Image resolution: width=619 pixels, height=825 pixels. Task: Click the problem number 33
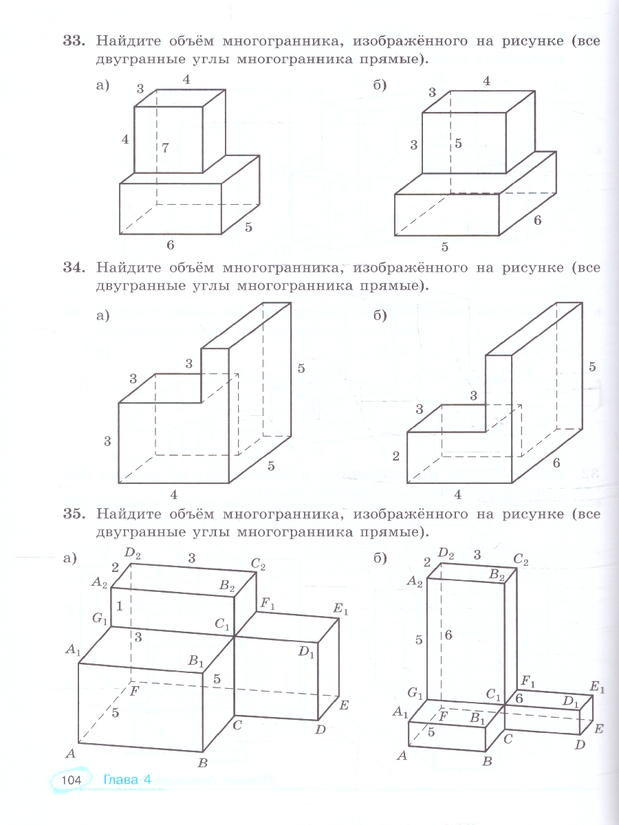pos(73,41)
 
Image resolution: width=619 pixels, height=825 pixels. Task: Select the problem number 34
pos(73,266)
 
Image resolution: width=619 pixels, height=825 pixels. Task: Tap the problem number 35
pos(73,513)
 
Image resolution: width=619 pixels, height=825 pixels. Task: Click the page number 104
pos(72,780)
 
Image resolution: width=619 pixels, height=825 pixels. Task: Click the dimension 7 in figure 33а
pos(165,147)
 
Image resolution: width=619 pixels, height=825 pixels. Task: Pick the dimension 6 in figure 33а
pos(170,245)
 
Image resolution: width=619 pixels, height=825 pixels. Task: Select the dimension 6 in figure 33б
pos(537,220)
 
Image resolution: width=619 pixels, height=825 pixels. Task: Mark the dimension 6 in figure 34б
pos(556,463)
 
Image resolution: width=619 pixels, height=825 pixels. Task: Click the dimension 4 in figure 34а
pos(174,494)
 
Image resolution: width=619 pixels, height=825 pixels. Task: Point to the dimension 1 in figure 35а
pos(119,606)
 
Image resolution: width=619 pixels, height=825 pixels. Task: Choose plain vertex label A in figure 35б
pos(402,755)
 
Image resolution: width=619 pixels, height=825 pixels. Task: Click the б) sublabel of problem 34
pos(380,316)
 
